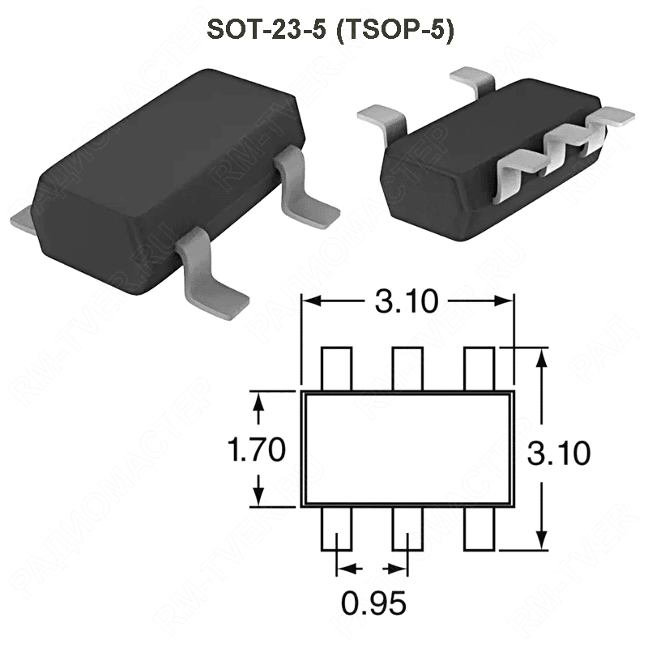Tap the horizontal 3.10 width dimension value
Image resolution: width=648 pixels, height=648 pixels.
pos(406,302)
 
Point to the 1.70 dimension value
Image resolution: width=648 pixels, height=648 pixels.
pos(256,449)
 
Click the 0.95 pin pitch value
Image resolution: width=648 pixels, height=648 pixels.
pos(372,603)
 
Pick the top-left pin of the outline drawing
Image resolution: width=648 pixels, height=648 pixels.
pos(336,369)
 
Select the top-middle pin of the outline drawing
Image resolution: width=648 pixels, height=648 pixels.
pos(407,369)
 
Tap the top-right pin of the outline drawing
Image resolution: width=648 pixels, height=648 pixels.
pos(479,369)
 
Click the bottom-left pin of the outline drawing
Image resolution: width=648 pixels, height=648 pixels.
pos(336,529)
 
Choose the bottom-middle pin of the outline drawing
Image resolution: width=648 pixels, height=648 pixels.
pos(407,529)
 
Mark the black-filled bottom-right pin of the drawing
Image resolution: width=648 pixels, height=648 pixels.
pos(479,529)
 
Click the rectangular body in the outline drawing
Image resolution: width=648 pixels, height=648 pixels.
pos(407,449)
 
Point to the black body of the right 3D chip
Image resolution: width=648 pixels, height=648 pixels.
pos(437,174)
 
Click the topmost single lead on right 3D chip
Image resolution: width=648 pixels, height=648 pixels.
pos(474,81)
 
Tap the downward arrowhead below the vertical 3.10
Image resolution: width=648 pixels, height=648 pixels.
pos(540,539)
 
